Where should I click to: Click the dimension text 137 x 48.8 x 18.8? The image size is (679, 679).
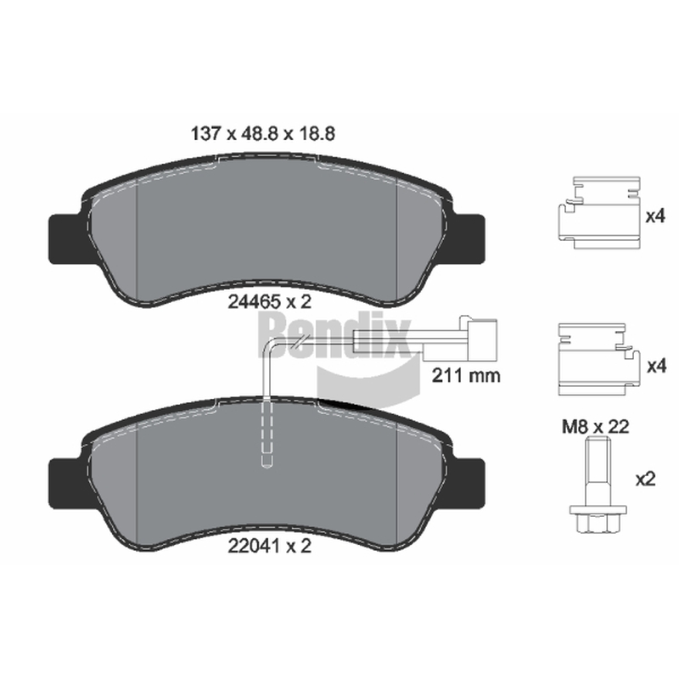pyautogui.click(x=263, y=134)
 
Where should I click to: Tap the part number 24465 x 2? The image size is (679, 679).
pyautogui.click(x=270, y=302)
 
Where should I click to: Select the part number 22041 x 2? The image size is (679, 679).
pyautogui.click(x=270, y=546)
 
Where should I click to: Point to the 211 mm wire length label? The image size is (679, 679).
pyautogui.click(x=466, y=375)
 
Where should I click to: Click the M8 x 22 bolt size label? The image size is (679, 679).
pyautogui.click(x=596, y=428)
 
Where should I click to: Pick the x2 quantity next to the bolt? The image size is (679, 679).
pyautogui.click(x=645, y=480)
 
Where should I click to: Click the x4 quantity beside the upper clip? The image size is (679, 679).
pyautogui.click(x=655, y=216)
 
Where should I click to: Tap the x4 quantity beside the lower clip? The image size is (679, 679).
pyautogui.click(x=656, y=367)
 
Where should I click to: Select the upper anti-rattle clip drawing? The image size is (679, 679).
pyautogui.click(x=598, y=213)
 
